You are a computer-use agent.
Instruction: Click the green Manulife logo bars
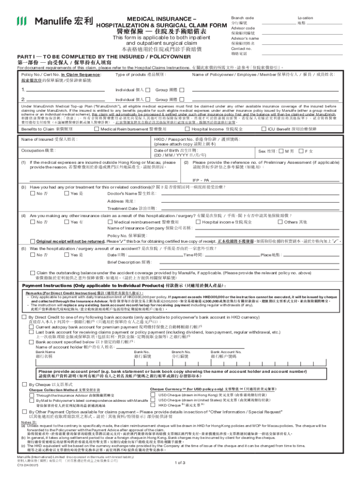[x=22, y=21]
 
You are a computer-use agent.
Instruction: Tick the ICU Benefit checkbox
[x=263, y=129]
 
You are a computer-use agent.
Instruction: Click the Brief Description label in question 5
[x=125, y=262]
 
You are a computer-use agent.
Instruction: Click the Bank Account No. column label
[x=226, y=351]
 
